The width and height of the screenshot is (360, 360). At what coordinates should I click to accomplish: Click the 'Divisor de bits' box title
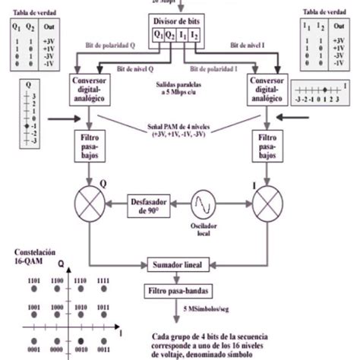[180, 21]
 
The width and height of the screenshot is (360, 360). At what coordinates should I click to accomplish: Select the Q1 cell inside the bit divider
[159, 34]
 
